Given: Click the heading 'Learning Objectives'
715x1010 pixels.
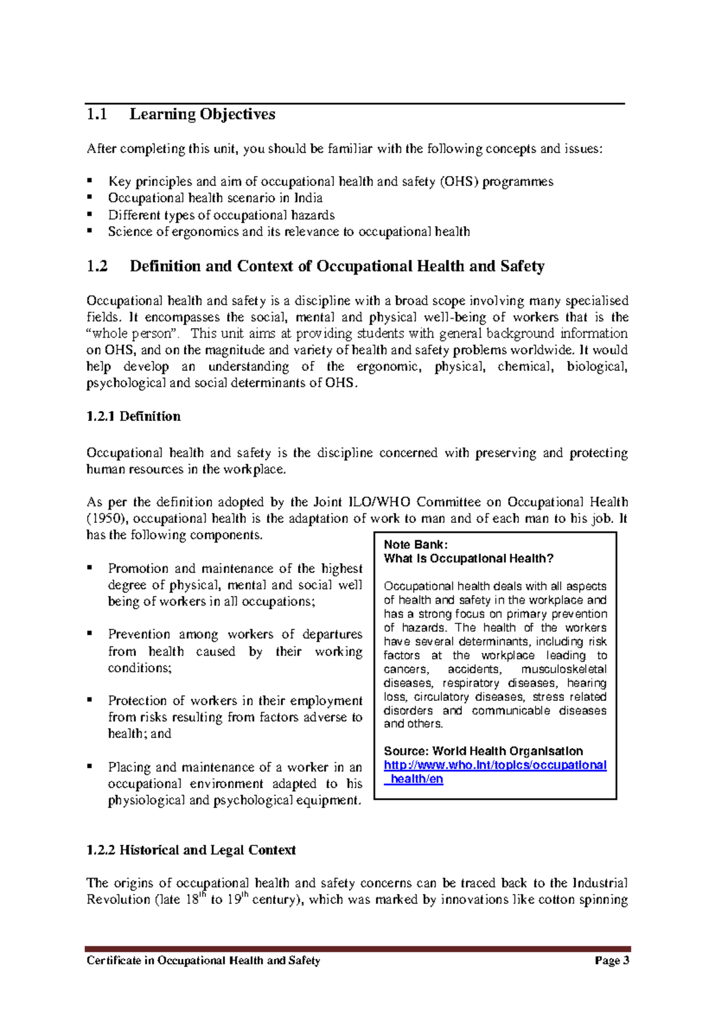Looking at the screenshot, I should point(202,114).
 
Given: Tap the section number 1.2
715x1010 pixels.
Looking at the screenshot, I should point(97,266).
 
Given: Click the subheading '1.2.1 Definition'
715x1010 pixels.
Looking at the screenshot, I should point(133,416).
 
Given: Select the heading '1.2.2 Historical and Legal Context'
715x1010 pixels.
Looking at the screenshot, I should point(191,850).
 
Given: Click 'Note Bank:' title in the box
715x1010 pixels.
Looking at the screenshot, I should point(415,544).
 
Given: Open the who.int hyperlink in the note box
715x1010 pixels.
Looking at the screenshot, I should point(495,765).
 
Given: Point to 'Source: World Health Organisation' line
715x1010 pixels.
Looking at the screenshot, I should point(483,751).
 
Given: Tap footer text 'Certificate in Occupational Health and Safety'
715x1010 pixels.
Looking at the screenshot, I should point(203,961).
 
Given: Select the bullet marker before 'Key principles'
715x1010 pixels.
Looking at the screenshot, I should point(90,179).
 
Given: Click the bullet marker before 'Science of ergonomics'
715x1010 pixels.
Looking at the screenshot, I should point(90,230).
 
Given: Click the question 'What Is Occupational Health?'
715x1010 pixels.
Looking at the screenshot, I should point(468,559).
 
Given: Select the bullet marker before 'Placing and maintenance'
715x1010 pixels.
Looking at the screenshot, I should point(90,766).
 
